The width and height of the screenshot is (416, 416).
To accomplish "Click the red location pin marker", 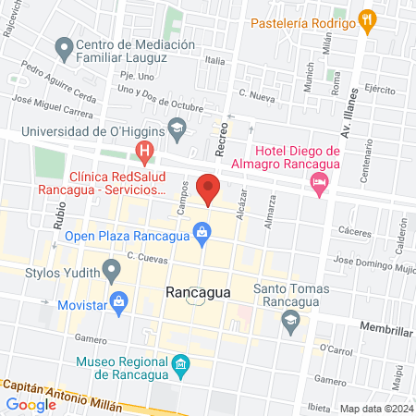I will [x=209, y=188].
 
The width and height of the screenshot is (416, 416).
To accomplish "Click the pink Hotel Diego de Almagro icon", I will [x=320, y=182].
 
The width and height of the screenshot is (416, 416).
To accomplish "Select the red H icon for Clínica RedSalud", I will [x=144, y=150].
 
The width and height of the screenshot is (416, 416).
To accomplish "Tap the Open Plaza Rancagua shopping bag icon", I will [x=201, y=233].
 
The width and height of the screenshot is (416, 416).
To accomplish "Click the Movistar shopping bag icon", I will [x=118, y=301].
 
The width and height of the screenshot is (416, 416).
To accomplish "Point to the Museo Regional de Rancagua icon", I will [x=180, y=361].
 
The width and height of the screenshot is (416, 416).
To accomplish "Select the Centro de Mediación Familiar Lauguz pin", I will [x=64, y=45].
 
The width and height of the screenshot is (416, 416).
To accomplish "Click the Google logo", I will [x=31, y=404].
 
